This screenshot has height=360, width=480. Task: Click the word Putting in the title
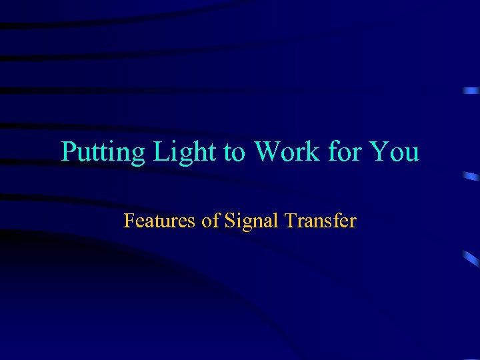point(103,153)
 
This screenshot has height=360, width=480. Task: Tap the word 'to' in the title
point(234,153)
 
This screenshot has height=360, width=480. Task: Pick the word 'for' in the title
point(345,152)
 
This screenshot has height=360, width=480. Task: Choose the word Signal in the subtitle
point(251,221)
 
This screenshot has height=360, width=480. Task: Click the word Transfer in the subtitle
point(319,220)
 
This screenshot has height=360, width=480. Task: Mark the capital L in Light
point(161,152)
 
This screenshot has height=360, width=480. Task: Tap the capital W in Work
point(267,152)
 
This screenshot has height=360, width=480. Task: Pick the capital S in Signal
point(229,220)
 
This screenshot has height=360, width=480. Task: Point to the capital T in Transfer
point(289,220)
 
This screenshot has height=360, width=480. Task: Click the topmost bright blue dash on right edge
point(472,90)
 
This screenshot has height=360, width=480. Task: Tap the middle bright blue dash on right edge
point(471,177)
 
